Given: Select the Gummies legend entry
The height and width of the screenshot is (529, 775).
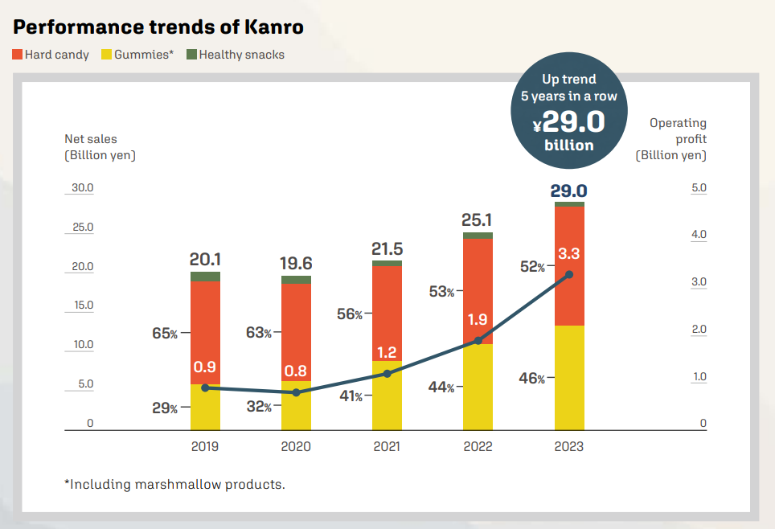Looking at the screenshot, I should click(x=137, y=55).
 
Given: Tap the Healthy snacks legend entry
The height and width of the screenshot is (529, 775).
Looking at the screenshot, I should click(x=236, y=55).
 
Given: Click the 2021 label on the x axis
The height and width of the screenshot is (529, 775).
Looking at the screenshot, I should click(x=387, y=446).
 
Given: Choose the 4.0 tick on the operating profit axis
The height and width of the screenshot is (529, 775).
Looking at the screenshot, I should click(x=699, y=235).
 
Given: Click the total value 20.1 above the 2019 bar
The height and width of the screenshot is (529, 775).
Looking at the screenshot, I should click(x=205, y=260).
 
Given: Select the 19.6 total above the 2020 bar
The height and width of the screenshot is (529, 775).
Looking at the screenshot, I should click(x=296, y=264).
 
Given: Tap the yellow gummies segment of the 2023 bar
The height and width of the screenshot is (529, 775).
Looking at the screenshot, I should click(x=569, y=378).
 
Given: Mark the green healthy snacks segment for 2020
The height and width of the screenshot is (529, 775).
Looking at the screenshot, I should click(x=296, y=280).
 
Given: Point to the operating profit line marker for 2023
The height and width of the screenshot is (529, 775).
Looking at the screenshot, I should click(x=569, y=275).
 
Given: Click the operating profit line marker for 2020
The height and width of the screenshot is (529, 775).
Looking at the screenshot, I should click(x=296, y=392).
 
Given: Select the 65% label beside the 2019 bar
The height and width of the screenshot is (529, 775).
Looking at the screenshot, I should click(x=165, y=333).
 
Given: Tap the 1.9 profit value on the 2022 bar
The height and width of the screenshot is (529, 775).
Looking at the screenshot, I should click(x=478, y=319).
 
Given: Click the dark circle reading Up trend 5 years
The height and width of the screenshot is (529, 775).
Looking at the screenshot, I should click(x=569, y=113).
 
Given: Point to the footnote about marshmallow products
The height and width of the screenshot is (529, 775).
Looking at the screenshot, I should click(x=174, y=484).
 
